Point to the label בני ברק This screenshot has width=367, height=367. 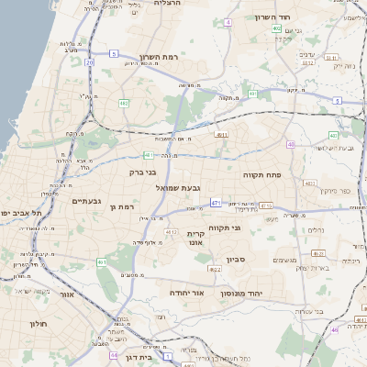(142, 172)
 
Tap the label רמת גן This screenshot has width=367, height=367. (121, 207)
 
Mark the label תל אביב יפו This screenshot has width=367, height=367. (17, 213)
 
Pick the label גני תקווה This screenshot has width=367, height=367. (250, 226)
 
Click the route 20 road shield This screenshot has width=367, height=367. (89, 62)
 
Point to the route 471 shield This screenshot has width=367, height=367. (215, 202)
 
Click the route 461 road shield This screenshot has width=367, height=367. (103, 262)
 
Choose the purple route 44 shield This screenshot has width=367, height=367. (114, 354)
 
